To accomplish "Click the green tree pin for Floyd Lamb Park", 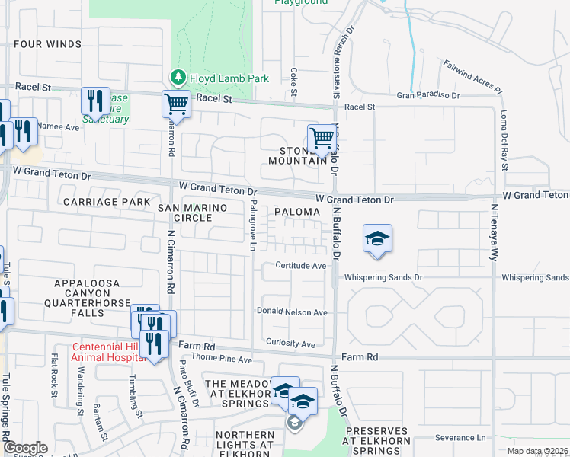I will (178, 77).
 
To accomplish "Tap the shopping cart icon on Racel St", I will (176, 104).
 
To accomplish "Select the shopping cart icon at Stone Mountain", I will (322, 139).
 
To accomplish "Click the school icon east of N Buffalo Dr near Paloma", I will (377, 238).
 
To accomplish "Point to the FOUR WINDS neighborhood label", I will (47, 44).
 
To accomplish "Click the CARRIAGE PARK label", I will (107, 202).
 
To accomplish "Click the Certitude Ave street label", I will (300, 266).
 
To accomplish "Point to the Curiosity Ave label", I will (290, 344).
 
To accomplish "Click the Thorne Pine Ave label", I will (221, 359).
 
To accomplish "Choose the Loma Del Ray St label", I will (504, 139).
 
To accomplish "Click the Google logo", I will (25, 448).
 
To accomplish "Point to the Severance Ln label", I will (460, 438).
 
